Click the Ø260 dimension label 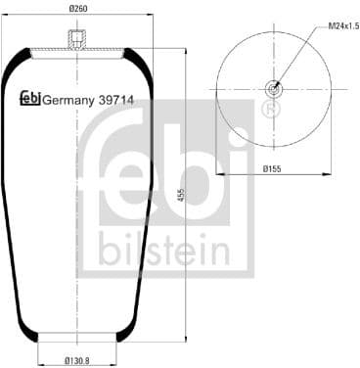pos(77,9)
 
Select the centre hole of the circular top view pos(273,90)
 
